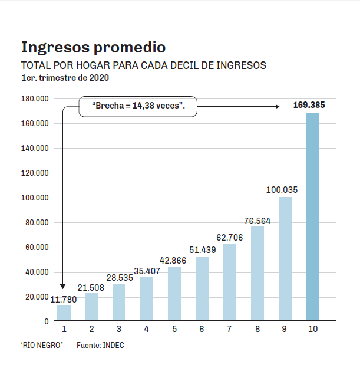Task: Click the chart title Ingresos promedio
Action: pyautogui.click(x=93, y=47)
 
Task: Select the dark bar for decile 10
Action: pyautogui.click(x=312, y=216)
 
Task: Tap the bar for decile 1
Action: pyautogui.click(x=64, y=313)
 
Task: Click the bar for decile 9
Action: pyautogui.click(x=285, y=259)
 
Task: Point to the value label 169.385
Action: pyautogui.click(x=309, y=106)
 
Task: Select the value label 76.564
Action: pyautogui.click(x=257, y=221)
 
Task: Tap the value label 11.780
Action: pyautogui.click(x=63, y=299)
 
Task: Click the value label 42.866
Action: pyautogui.click(x=174, y=261)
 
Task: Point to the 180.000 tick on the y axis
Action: pyautogui.click(x=34, y=98)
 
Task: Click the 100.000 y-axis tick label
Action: pyautogui.click(x=34, y=198)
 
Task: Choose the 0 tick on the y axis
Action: pyautogui.click(x=46, y=321)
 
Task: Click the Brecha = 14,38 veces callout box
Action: pyautogui.click(x=138, y=107)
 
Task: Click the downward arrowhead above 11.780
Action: pyautogui.click(x=62, y=286)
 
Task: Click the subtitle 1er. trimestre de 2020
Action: pyautogui.click(x=65, y=78)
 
